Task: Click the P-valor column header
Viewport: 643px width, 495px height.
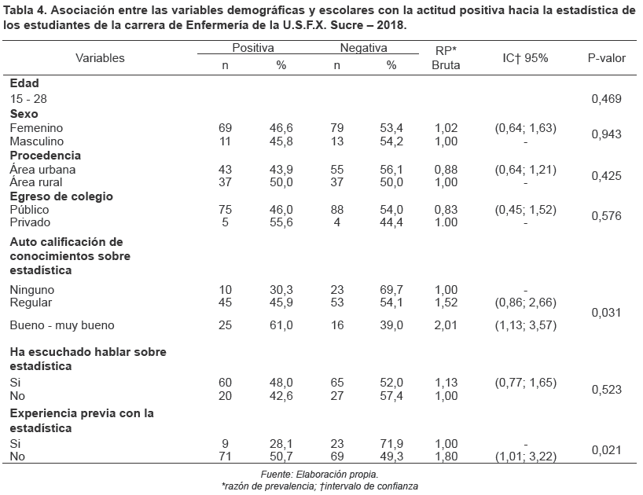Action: coord(605,58)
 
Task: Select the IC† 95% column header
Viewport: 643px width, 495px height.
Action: coord(525,58)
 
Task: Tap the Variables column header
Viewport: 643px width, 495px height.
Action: coord(100,58)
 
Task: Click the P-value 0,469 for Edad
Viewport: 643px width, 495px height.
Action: coord(605,99)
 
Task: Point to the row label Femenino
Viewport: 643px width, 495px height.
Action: coord(36,127)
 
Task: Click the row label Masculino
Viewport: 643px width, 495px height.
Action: coord(38,141)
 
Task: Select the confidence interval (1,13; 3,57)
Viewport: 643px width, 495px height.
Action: coord(525,325)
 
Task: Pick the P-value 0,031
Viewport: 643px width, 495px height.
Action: coord(605,313)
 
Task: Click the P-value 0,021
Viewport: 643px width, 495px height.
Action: coord(605,449)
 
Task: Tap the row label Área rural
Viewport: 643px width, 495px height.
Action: coord(36,182)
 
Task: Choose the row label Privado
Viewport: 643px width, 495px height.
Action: coord(30,223)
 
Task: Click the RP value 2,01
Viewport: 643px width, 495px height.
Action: coord(446,325)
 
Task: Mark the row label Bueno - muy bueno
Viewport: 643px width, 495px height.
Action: coord(62,325)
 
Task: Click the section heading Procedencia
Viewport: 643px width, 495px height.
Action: coord(46,155)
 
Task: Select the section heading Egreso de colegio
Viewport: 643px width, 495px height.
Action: coord(61,196)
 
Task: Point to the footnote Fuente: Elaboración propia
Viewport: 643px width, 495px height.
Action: coord(319,475)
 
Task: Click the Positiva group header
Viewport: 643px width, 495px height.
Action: coord(253,48)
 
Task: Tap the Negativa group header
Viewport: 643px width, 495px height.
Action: coord(363,48)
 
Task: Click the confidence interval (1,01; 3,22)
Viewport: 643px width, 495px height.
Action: coord(525,456)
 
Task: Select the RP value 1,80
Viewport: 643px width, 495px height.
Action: coord(446,456)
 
